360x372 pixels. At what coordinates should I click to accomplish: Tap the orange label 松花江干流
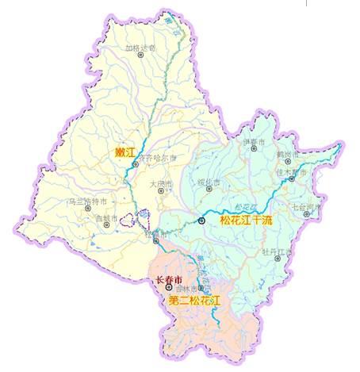pos(246,220)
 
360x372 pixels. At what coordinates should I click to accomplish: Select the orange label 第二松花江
pos(194,301)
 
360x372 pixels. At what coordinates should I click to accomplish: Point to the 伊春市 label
pos(251,142)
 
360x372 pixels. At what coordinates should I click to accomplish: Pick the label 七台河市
pos(307,208)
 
